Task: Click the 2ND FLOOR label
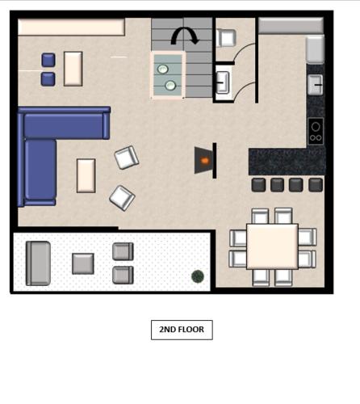[x=182, y=330]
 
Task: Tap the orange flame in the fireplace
[x=205, y=161]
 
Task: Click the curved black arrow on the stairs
[x=185, y=36]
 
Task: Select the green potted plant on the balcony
[x=198, y=276]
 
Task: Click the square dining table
[x=272, y=246]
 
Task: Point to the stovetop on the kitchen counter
[x=316, y=131]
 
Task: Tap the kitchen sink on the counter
[x=316, y=85]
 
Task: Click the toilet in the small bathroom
[x=226, y=38]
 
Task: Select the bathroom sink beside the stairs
[x=223, y=82]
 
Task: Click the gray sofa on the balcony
[x=38, y=263]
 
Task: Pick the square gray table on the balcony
[x=83, y=263]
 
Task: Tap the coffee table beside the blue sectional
[x=86, y=175]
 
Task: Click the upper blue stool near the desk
[x=48, y=60]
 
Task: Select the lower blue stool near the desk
[x=48, y=79]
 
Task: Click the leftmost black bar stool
[x=258, y=185]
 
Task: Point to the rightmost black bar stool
[x=316, y=185]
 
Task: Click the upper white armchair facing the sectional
[x=127, y=158]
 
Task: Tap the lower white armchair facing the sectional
[x=122, y=198]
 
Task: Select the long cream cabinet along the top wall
[x=71, y=27]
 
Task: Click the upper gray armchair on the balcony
[x=123, y=251]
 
